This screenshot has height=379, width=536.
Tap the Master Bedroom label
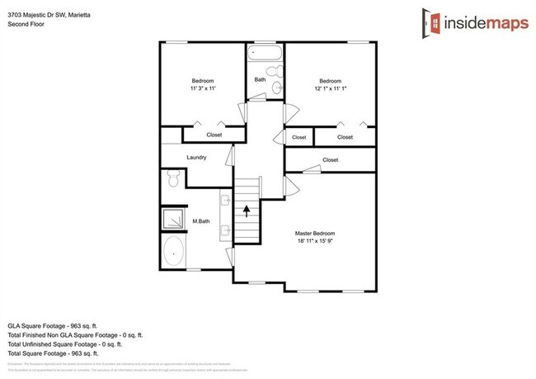click(315, 234)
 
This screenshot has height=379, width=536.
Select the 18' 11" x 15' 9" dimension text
click(315, 242)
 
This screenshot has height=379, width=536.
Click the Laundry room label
click(196, 157)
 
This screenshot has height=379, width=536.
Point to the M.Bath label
click(201, 221)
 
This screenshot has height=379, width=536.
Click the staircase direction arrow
click(245, 211)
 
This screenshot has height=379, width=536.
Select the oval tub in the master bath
click(174, 251)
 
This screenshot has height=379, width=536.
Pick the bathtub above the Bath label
click(264, 56)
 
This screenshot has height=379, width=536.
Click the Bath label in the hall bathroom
click(260, 80)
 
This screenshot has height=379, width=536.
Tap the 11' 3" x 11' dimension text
click(202, 88)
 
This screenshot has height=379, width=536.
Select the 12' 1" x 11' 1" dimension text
click(330, 88)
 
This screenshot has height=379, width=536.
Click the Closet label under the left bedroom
click(214, 134)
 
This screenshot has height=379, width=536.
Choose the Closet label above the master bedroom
click(330, 159)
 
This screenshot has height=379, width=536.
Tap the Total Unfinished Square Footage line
click(70, 344)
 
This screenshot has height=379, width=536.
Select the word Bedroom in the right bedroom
click(330, 80)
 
